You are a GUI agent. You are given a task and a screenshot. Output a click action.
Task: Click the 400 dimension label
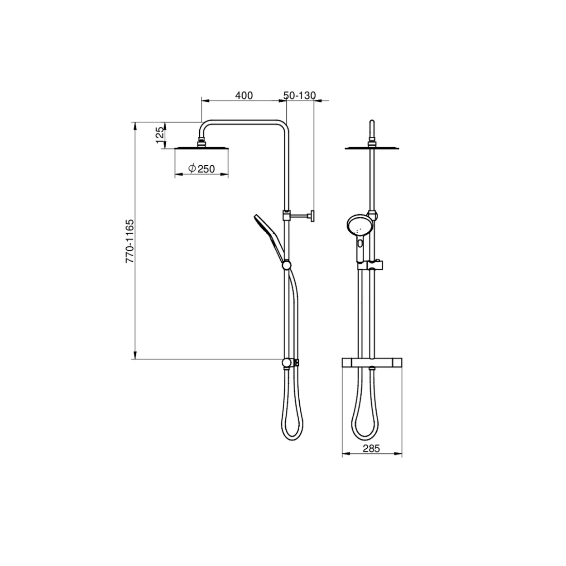pyautogui.click(x=244, y=96)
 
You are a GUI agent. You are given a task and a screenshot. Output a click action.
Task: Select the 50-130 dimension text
pyautogui.click(x=299, y=96)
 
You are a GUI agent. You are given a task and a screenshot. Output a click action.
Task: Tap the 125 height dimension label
pyautogui.click(x=160, y=135)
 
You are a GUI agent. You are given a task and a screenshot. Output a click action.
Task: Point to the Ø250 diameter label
pyautogui.click(x=201, y=168)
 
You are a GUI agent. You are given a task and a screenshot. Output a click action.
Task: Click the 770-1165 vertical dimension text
pyautogui.click(x=130, y=241)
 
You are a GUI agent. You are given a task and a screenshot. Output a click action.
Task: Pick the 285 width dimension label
pyautogui.click(x=371, y=449)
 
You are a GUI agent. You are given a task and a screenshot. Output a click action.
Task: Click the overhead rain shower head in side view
pyautogui.click(x=201, y=149)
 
